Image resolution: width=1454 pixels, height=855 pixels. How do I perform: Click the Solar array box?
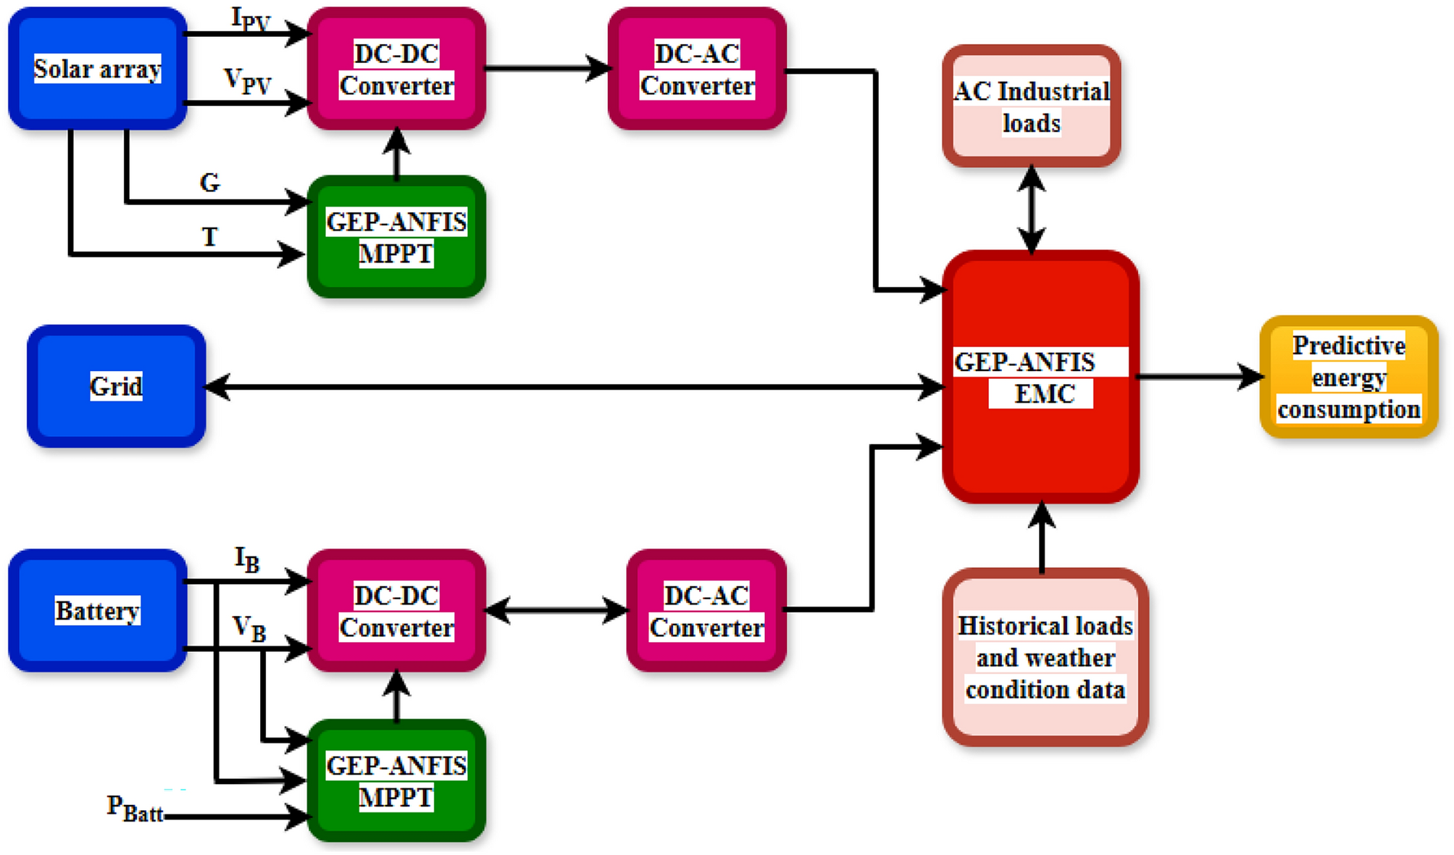tap(97, 69)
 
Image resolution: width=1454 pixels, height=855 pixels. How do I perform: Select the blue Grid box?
tap(116, 385)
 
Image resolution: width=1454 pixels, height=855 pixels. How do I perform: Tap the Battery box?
tap(97, 610)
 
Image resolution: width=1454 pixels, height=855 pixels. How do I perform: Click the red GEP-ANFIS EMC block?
tap(1040, 377)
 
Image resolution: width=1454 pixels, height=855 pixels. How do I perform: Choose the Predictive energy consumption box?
tap(1348, 377)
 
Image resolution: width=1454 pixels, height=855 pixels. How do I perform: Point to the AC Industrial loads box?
tap(1031, 107)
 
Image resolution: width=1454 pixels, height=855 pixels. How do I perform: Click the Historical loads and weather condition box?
tap(1045, 657)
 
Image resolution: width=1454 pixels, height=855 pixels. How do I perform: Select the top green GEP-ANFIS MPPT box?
tap(396, 237)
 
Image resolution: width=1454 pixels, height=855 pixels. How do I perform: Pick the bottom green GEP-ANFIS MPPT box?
tap(396, 780)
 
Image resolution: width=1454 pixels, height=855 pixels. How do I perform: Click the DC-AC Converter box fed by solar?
tap(697, 69)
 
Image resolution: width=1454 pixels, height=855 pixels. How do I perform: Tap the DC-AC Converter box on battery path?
tap(706, 610)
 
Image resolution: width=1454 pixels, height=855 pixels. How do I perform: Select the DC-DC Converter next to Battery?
tap(396, 610)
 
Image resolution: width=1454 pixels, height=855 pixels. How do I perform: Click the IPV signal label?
tap(250, 19)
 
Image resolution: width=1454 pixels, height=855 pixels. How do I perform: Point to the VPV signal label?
tap(247, 80)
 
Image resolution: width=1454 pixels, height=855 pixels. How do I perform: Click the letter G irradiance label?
tap(209, 183)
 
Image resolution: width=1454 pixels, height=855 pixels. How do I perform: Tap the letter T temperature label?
tap(209, 237)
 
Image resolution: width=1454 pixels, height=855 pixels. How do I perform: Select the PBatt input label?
tap(135, 809)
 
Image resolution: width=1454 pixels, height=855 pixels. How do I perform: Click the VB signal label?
tap(248, 628)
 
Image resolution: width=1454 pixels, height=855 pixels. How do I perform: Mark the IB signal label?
tap(246, 559)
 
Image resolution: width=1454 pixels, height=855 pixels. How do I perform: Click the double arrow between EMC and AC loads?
tap(1031, 209)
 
